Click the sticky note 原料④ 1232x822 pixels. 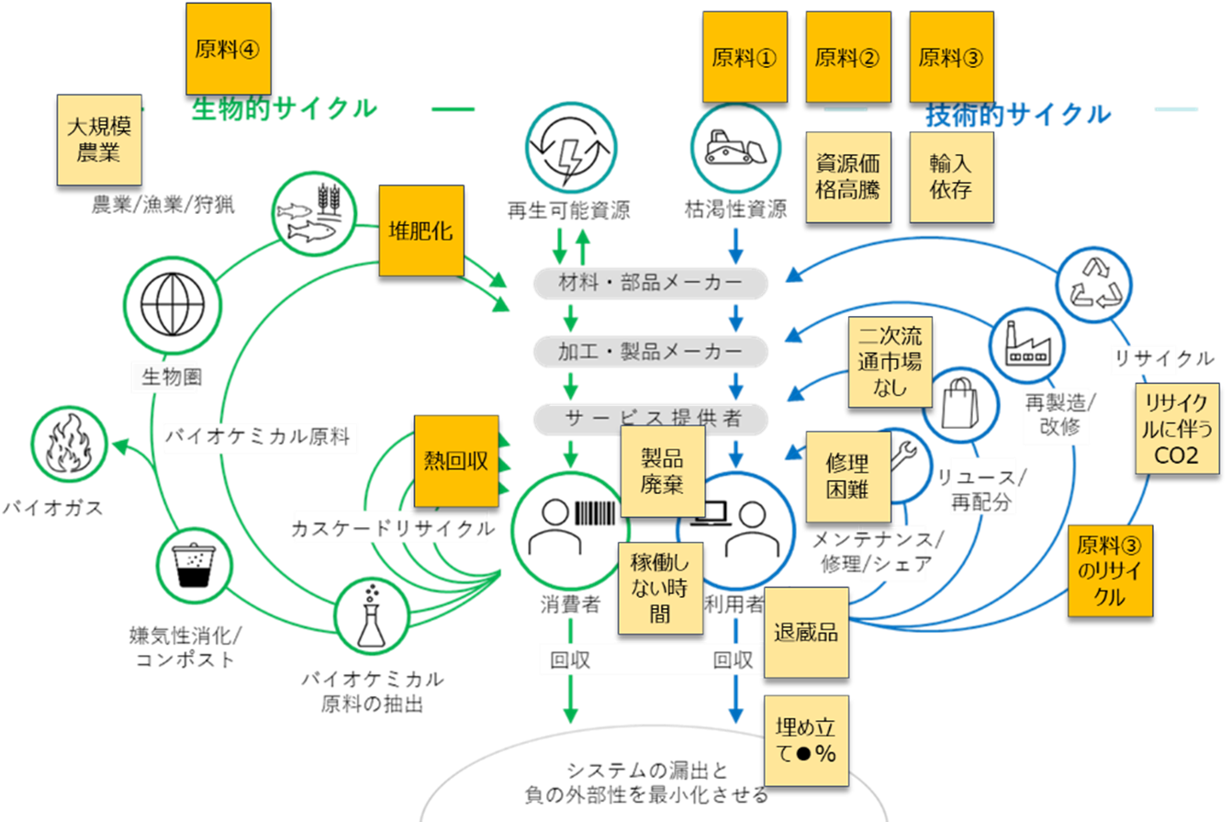coord(229,49)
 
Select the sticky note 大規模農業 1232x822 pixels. coord(99,140)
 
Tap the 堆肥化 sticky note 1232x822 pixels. coord(421,231)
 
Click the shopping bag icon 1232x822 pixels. coord(960,403)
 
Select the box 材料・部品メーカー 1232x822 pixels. coord(650,284)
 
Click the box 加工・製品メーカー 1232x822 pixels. coord(650,352)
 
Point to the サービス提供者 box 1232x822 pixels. coord(650,420)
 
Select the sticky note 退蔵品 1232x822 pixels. coord(806,632)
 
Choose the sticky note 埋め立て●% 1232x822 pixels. coord(806,740)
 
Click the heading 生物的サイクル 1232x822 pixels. coord(284,109)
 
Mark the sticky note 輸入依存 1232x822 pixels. coord(950,176)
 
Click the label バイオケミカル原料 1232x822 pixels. coord(258,436)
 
